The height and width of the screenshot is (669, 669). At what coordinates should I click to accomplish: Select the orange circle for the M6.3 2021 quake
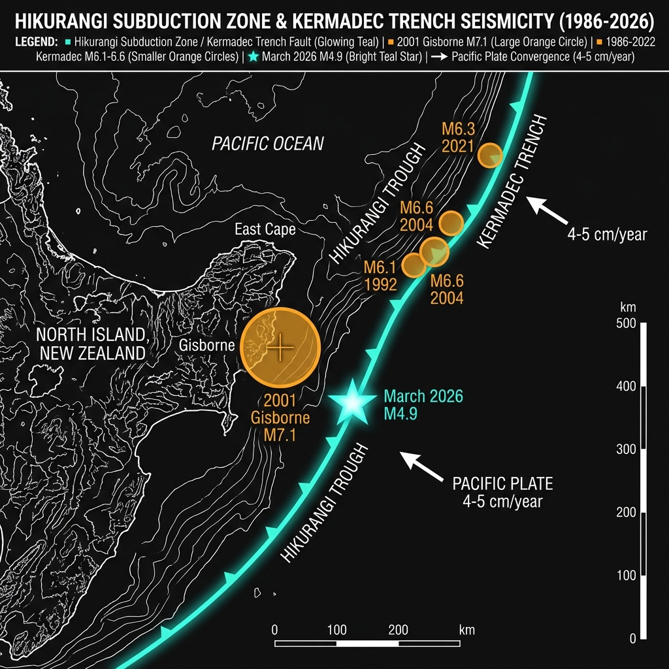click(x=490, y=155)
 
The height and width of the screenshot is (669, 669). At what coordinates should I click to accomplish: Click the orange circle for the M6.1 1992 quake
click(x=413, y=265)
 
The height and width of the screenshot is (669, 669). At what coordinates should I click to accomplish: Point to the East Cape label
click(x=265, y=229)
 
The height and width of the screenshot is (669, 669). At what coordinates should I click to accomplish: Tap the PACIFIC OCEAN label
click(x=268, y=144)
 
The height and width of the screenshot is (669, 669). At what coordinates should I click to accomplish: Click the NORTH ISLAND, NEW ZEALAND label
click(x=90, y=344)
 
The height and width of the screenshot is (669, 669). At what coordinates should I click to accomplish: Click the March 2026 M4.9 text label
click(x=423, y=404)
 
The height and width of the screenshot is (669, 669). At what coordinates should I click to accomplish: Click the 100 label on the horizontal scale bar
click(x=336, y=630)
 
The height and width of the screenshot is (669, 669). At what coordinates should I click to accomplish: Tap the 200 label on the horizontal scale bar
click(x=398, y=630)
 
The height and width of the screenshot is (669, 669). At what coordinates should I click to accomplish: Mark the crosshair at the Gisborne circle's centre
click(x=280, y=347)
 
